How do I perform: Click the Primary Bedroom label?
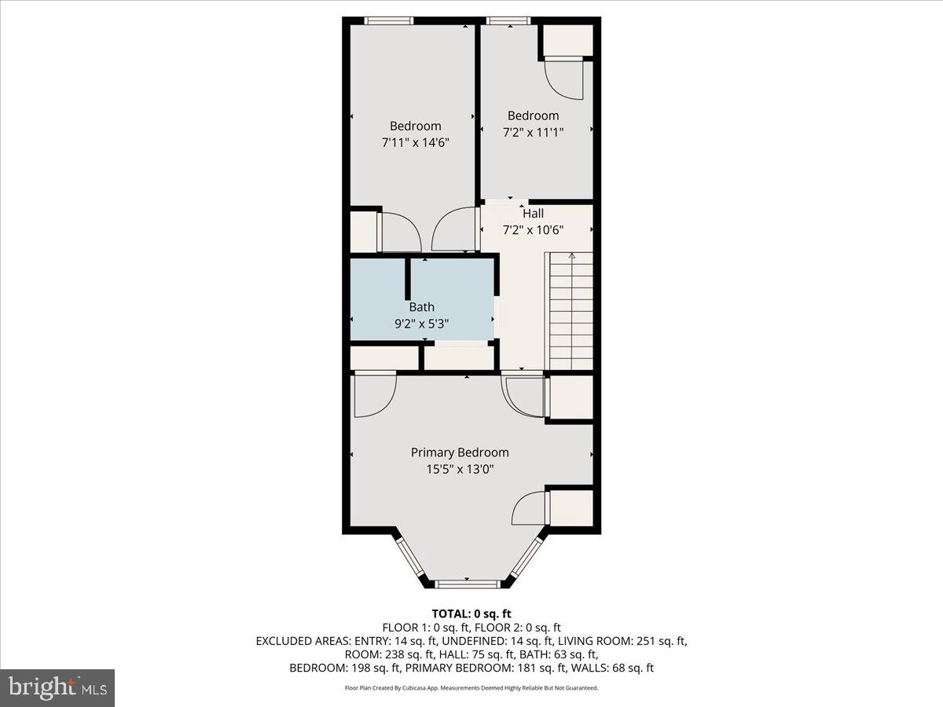pos(460,452)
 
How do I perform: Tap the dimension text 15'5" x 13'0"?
pos(460,469)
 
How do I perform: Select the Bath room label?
pos(421,307)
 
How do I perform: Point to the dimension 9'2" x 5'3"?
pos(421,322)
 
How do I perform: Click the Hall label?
pos(533,214)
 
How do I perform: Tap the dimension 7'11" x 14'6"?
pos(415,143)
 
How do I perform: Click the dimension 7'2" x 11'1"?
pos(533,132)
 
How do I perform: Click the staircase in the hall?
pos(571,312)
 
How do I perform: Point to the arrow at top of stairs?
pos(571,255)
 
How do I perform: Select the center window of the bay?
pos(468,584)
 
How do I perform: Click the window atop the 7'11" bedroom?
pos(389,21)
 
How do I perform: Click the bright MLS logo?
pos(57,687)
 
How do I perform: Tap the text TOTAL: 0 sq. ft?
pos(472,614)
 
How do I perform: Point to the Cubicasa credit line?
pos(472,687)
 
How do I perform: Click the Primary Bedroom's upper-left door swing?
pos(375,395)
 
